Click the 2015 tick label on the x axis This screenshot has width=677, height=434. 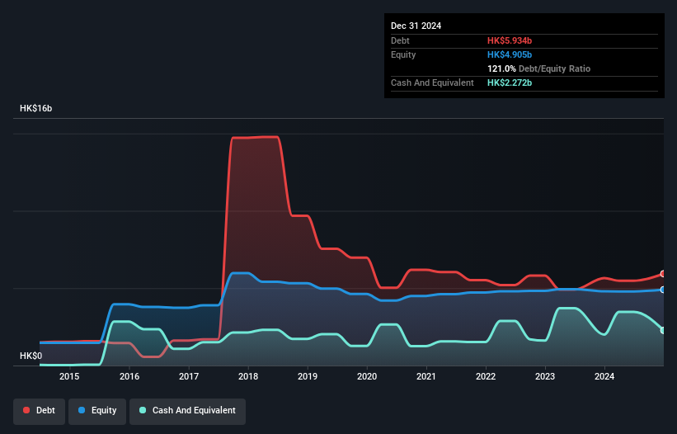point(69,377)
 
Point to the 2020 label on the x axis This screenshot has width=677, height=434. point(367,377)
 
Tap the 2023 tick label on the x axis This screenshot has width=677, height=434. point(545,377)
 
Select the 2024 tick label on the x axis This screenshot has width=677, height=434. point(604,377)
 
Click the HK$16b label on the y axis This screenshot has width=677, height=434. point(36,109)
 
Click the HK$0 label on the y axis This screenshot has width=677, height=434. point(31,356)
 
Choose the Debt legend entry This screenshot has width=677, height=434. point(40,410)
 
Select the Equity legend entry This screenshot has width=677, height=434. point(97,410)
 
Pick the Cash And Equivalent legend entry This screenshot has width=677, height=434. point(187,410)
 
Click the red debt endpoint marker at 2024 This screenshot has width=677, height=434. point(662,274)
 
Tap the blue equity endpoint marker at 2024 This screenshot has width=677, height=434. point(662,290)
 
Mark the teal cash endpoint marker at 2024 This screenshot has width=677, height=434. point(662,330)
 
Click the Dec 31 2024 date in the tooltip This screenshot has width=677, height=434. point(416,26)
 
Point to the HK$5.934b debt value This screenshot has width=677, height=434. point(510,40)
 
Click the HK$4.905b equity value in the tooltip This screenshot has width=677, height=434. point(510,54)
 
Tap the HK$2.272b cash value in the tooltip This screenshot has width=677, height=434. point(510,83)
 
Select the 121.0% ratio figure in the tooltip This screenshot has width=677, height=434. point(503,68)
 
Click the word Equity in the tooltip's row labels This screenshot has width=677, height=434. point(403,54)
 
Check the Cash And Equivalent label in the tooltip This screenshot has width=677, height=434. point(432,83)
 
